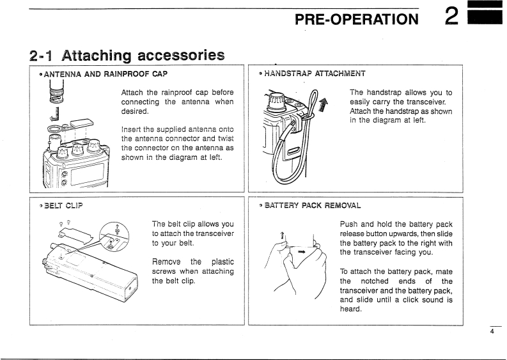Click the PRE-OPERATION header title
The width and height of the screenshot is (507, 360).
click(355, 19)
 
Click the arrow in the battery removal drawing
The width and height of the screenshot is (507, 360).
click(300, 251)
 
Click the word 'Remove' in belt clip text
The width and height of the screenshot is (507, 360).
click(168, 262)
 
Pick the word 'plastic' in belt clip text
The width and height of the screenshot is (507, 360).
click(221, 262)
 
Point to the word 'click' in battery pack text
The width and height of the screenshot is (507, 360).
click(402, 299)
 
